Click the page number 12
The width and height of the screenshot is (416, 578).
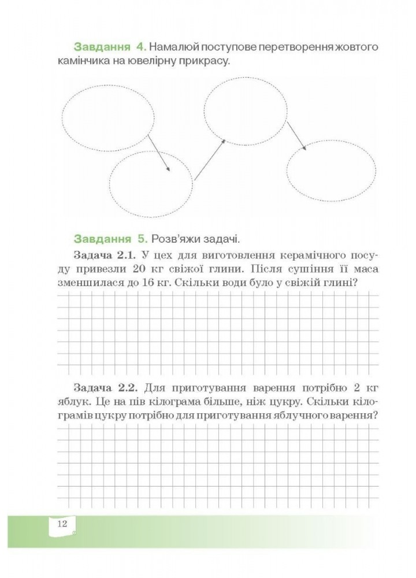coord(63,524)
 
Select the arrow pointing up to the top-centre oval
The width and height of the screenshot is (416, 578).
coord(209,159)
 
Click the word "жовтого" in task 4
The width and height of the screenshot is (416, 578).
coord(352,46)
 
